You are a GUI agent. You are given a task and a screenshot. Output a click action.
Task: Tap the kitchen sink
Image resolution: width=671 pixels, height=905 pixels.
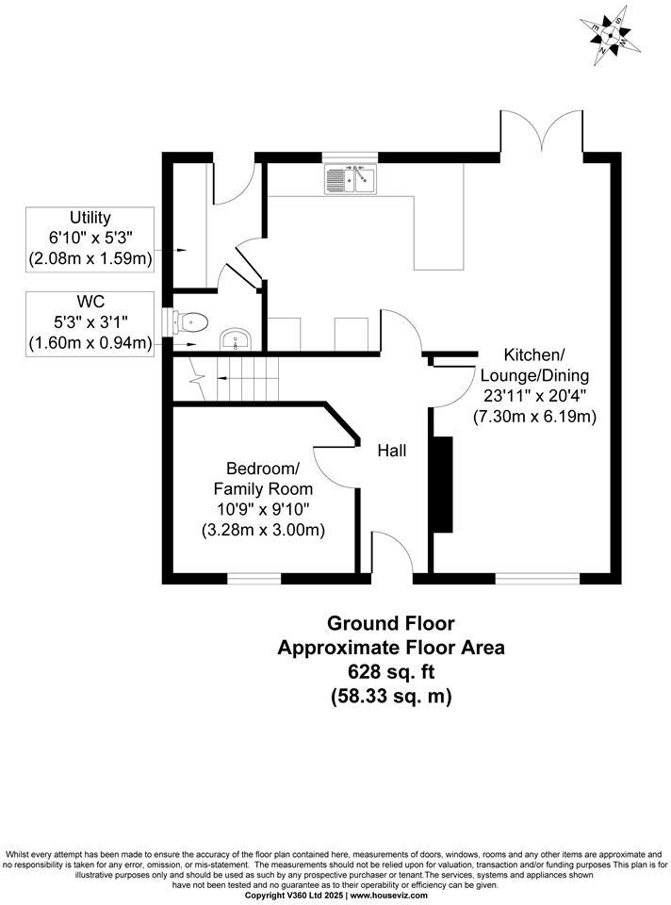(350, 178)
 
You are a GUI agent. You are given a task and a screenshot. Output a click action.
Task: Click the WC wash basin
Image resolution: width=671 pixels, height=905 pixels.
(233, 338)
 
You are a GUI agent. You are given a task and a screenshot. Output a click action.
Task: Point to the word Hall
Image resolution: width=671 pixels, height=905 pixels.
(391, 452)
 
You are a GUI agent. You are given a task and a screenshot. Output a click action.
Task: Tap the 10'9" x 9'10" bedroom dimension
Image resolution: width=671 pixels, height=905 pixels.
(263, 509)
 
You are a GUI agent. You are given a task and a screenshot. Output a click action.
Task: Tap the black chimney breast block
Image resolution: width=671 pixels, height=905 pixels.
(441, 485)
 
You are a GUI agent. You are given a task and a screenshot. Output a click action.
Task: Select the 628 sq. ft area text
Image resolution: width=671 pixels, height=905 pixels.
(390, 673)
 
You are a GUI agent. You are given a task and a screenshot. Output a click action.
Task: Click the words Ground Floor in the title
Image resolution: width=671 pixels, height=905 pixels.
(390, 624)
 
